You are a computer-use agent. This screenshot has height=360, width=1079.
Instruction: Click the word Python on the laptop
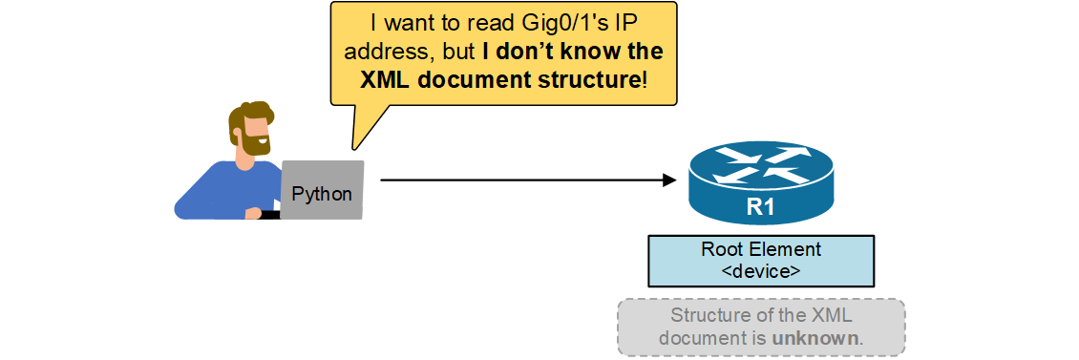click(x=322, y=195)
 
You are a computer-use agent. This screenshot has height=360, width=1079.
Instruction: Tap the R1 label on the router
click(x=760, y=209)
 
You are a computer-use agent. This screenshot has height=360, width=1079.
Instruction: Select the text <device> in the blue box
click(x=761, y=270)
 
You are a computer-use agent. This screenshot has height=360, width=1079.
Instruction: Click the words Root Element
click(x=761, y=250)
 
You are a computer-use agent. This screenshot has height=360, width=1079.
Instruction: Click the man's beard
click(x=255, y=142)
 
